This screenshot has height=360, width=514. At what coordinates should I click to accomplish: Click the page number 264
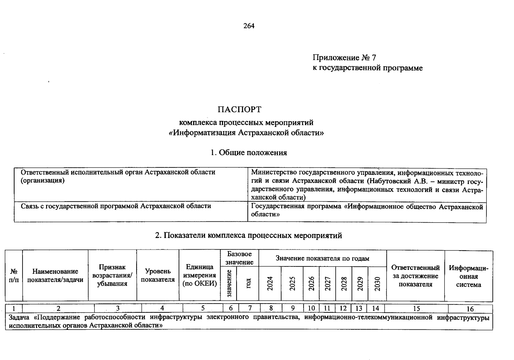coord(249,26)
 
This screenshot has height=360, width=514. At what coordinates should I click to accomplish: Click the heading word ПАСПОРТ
coord(239,109)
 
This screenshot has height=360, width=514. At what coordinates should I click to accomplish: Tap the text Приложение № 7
coord(344,57)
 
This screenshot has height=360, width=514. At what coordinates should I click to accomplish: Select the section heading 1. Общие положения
coord(248,153)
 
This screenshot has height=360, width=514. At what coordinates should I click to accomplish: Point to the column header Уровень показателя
coord(158,275)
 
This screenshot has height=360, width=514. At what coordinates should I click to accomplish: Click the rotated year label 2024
coord(270,283)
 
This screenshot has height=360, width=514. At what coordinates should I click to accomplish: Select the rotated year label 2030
coord(377,283)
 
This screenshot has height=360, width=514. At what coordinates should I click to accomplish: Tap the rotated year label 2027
coord(328,283)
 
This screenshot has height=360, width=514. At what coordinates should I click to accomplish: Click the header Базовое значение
coord(239,258)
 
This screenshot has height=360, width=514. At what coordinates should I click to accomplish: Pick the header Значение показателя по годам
coord(322,258)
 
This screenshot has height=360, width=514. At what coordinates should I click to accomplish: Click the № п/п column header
coord(14,275)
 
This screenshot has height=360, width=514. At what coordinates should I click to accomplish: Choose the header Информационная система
coord(468,276)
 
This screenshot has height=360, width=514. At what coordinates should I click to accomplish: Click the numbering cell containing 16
coord(470,309)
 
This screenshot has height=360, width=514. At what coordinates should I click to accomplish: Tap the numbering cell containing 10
coord(311,308)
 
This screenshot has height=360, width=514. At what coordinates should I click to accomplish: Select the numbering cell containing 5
coord(203,308)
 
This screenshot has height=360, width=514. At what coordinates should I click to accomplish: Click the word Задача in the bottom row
coord(19,317)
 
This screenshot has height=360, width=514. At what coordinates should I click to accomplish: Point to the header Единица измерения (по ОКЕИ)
coord(200,275)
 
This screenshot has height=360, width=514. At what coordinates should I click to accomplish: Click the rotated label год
coord(248,283)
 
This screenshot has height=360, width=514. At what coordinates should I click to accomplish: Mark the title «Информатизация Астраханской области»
coord(246,133)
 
